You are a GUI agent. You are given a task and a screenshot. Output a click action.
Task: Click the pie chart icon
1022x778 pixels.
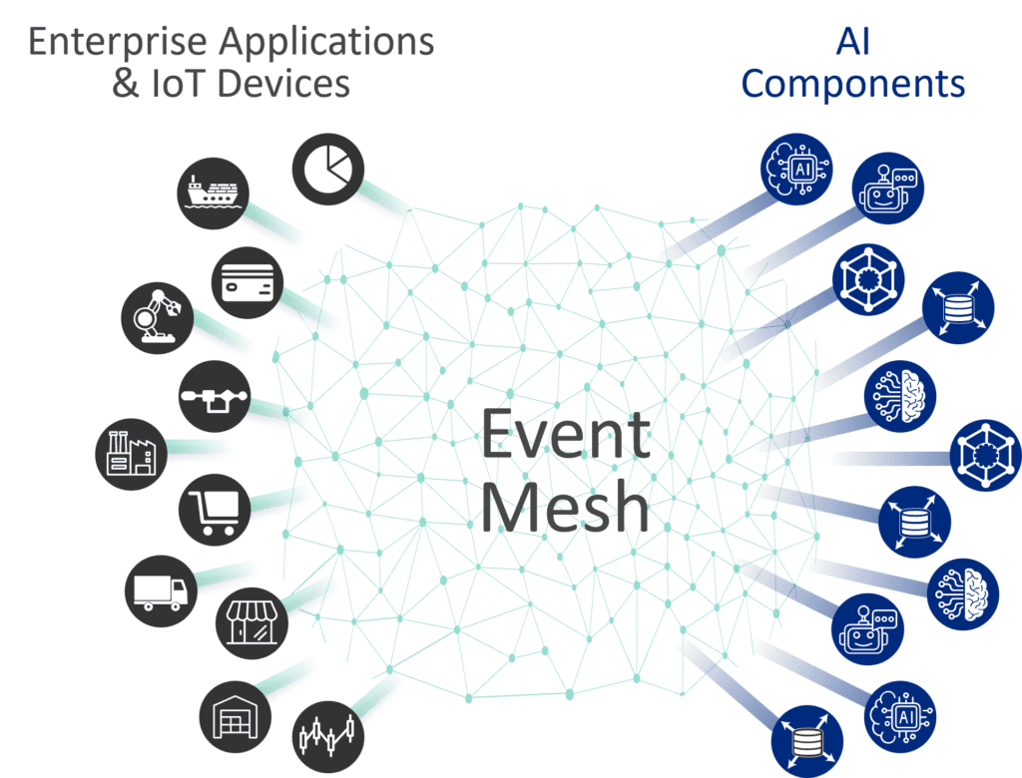[328, 169]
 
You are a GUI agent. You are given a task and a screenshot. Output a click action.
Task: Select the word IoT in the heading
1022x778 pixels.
[176, 84]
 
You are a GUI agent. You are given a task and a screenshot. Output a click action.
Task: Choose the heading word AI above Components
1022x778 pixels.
[852, 42]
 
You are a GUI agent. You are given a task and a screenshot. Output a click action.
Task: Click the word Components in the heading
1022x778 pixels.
[853, 84]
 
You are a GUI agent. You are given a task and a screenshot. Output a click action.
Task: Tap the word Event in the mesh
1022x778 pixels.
[566, 437]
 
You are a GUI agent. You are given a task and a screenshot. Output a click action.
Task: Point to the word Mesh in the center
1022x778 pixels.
[566, 506]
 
